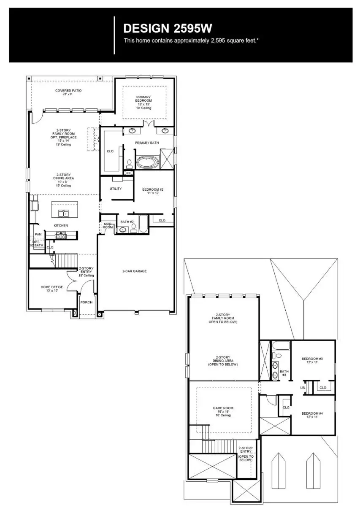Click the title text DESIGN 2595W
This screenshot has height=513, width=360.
(167, 28)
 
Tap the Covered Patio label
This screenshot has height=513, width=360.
(68, 92)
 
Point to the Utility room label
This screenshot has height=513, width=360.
(116, 189)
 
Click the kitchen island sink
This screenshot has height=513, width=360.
(62, 213)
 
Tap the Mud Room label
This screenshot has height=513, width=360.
(108, 226)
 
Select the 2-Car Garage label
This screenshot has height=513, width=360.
(135, 271)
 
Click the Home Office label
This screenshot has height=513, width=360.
(52, 289)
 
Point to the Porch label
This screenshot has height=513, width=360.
(87, 302)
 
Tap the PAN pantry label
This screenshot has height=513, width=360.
(38, 234)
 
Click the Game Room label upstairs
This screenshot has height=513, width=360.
(223, 411)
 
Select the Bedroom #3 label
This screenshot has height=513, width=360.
(312, 361)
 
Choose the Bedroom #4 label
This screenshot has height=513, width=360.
(312, 415)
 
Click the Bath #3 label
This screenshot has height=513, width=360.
(284, 373)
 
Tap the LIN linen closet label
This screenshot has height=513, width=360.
(303, 387)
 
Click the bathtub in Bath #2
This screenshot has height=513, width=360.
(143, 224)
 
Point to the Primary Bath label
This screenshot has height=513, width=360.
(147, 143)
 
